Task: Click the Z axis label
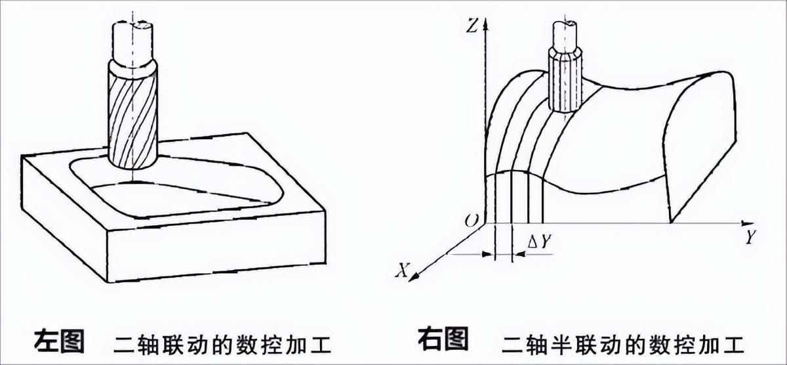pyautogui.click(x=471, y=26)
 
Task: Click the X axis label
pyautogui.click(x=405, y=269)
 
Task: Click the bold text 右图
pyautogui.click(x=443, y=340)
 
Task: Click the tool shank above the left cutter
pyautogui.click(x=133, y=39)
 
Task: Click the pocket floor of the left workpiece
pyautogui.click(x=190, y=197)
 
